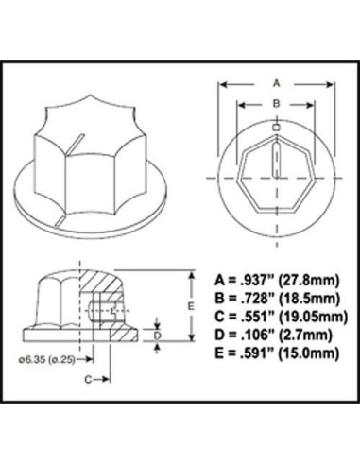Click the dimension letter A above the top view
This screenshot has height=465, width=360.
tap(276, 83)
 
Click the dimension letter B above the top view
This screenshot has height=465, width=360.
tap(276, 103)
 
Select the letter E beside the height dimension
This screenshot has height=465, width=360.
tap(191, 305)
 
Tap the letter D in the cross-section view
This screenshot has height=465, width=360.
tap(158, 336)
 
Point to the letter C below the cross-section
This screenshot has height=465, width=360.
tap(88, 380)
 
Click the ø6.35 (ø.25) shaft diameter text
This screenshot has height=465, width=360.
tap(47, 359)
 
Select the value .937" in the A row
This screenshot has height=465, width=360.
tap(258, 280)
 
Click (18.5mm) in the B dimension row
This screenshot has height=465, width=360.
tap(309, 298)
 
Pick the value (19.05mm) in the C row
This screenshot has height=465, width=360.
tap(314, 317)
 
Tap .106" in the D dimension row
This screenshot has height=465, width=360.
tap(258, 335)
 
